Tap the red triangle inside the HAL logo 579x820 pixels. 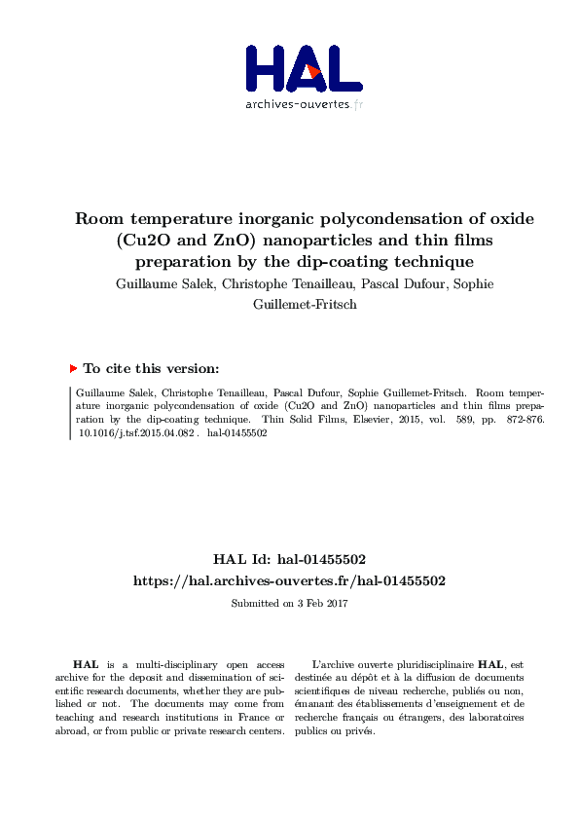310,72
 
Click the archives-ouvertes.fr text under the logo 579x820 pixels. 304,104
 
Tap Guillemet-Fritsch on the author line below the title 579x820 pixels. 289,304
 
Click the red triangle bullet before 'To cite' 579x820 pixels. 73,368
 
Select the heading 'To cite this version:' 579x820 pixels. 151,368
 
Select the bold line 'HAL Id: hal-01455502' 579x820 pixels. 289,559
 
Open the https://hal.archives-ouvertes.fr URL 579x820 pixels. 289,580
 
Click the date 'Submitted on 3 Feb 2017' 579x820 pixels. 289,603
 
